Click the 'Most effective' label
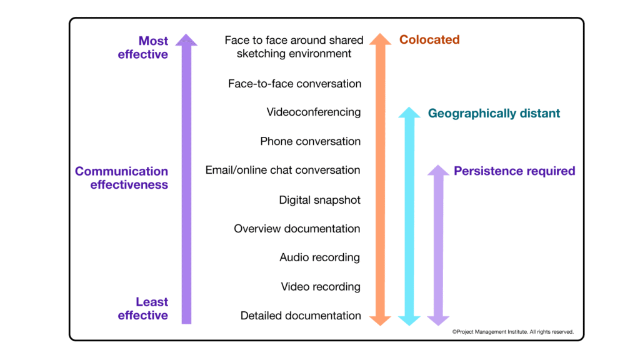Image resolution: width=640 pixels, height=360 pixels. (x=143, y=47)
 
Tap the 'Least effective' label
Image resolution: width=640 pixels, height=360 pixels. (x=143, y=309)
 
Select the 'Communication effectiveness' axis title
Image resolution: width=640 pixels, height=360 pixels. (x=122, y=177)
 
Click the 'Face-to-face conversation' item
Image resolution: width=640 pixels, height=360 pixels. (x=294, y=84)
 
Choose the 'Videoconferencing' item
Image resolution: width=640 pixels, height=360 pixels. (x=314, y=112)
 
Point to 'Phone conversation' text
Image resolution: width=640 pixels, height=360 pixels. (x=310, y=141)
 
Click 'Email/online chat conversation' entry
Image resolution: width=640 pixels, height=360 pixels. (x=282, y=170)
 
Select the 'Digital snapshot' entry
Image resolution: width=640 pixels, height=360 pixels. (x=319, y=200)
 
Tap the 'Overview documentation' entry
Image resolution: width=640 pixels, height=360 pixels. (x=297, y=229)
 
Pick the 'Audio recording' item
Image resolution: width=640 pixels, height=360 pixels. (x=319, y=257)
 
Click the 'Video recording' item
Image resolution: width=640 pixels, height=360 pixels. (x=321, y=287)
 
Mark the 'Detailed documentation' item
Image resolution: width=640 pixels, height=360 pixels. (x=301, y=316)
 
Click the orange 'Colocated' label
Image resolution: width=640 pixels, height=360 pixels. (x=429, y=40)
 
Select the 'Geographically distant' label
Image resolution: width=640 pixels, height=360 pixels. (x=494, y=114)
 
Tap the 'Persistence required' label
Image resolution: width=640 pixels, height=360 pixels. (x=514, y=171)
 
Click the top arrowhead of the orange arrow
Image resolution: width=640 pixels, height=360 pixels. (x=380, y=39)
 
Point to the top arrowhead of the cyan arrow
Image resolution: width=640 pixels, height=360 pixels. (x=409, y=112)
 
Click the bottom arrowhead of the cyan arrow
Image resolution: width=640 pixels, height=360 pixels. (x=409, y=320)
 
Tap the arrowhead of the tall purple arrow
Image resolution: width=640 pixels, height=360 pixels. (x=186, y=39)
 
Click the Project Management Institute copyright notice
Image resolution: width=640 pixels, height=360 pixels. (x=512, y=332)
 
